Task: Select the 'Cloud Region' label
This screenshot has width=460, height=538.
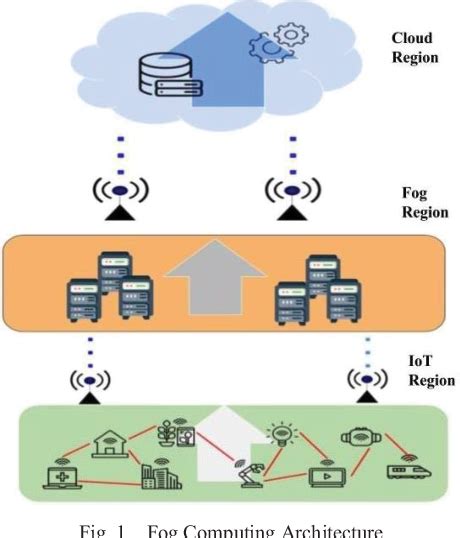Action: click(x=414, y=49)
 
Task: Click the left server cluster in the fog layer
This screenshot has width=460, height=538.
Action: click(x=104, y=286)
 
